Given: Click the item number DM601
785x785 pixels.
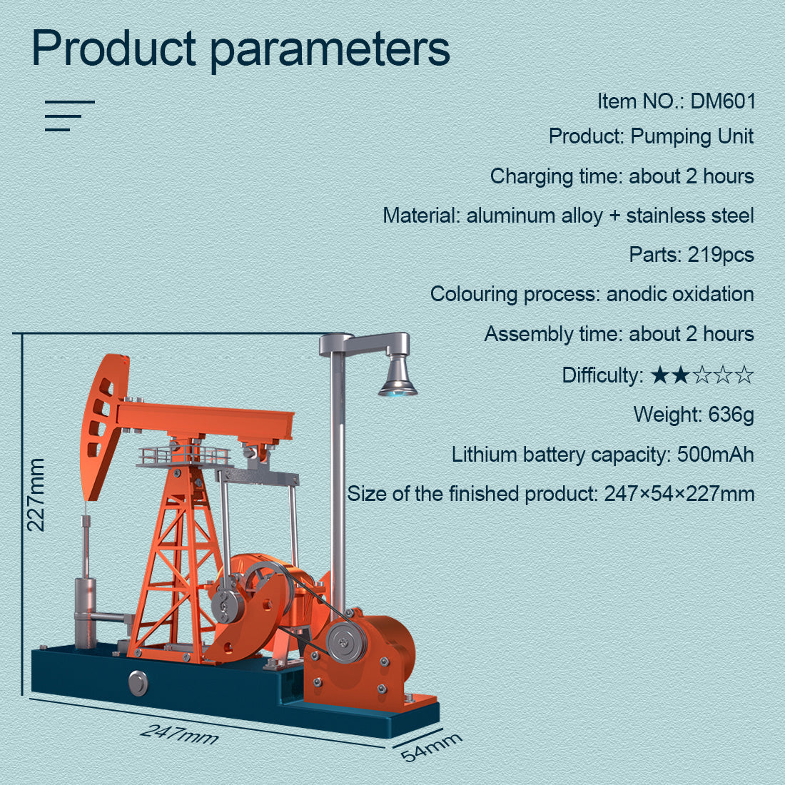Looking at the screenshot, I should point(722,101).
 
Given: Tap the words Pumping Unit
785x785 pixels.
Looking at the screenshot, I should point(692,136).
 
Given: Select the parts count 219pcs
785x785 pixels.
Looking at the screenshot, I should point(720,255).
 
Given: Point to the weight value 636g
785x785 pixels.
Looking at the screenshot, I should point(731,414).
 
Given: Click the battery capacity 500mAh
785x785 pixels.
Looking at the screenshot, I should point(714,454).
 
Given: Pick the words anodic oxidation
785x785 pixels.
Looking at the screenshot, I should point(679,294).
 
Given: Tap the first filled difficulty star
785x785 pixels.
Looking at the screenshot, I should point(660,375).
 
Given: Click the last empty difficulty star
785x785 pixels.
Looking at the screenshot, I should point(744,375).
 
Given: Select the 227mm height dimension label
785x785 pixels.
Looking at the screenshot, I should point(36,495).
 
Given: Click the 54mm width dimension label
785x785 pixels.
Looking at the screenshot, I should point(430,746).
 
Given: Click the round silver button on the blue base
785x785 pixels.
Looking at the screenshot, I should point(138,682).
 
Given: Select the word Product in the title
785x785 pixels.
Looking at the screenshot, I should point(113,48).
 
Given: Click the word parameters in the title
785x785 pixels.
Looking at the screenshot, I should point(330,49).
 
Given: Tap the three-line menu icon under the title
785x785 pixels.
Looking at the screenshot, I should point(69,116).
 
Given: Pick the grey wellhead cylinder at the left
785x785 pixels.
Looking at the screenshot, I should point(85,613).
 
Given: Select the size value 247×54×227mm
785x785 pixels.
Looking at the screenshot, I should point(679,494).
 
